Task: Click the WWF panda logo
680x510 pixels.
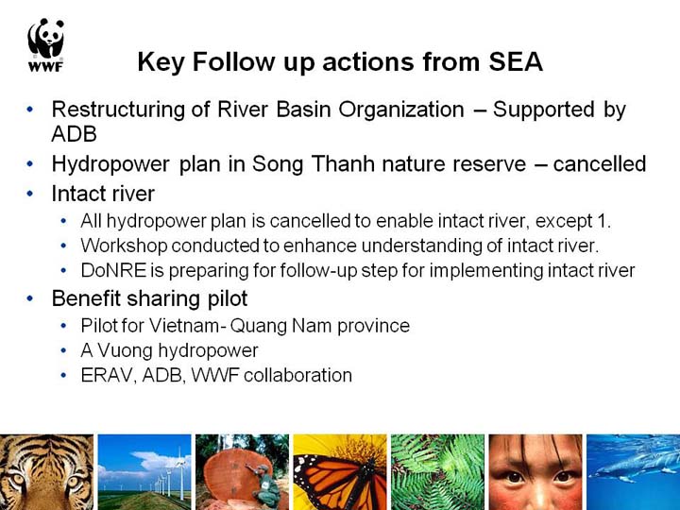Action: tap(46, 44)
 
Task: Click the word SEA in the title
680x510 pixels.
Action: tap(516, 61)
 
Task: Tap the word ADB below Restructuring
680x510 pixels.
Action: tap(74, 133)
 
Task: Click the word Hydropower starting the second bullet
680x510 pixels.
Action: tap(110, 164)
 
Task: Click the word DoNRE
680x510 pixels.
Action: tap(113, 270)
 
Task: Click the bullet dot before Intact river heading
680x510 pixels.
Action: tap(30, 194)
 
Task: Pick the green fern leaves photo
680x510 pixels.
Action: tap(437, 472)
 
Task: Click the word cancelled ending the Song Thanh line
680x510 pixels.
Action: tap(600, 164)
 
